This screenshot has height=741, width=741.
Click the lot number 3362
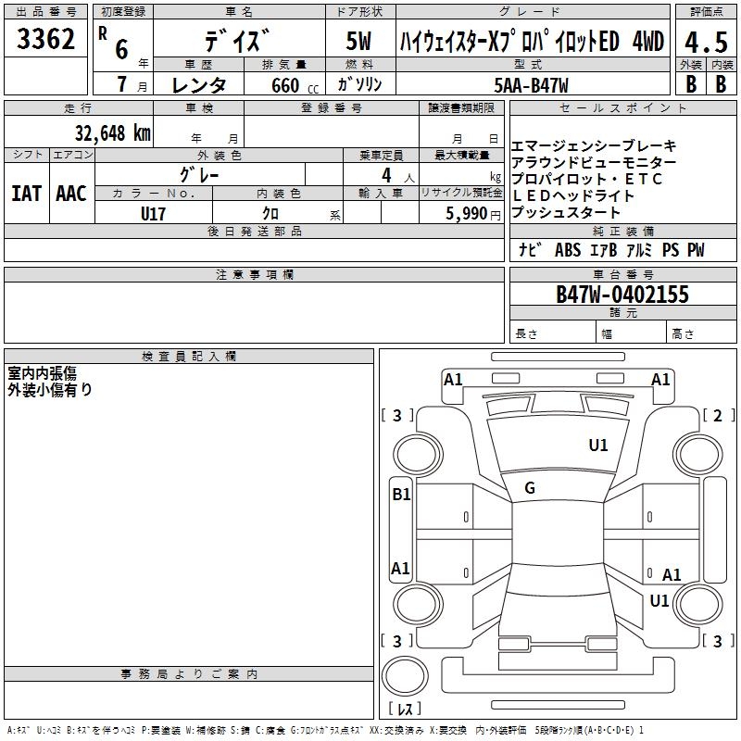pos(45,39)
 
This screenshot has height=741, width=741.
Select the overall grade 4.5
pos(706,43)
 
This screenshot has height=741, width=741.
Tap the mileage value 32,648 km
pos(112,133)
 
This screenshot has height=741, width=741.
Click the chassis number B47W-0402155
pos(622,294)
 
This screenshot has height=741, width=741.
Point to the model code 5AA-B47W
pos(531,85)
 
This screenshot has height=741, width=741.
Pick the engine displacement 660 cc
pos(295,85)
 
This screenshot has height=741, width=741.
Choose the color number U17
pos(153,214)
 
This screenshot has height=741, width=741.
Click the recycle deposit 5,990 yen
pos(472,214)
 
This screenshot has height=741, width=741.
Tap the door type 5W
pos(358,41)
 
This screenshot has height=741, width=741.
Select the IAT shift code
pos(26,194)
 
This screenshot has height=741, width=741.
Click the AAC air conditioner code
pos(71,194)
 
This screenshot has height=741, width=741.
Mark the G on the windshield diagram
pos(530,488)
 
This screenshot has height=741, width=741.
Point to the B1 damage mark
pos(401,495)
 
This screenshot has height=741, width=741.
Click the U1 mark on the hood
pos(598,445)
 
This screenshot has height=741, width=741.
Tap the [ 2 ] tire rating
pos(718,415)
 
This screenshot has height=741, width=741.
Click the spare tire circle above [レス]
pos(405,676)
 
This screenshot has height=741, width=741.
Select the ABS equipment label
pos(568,250)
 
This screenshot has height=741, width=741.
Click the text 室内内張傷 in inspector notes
pos(42,373)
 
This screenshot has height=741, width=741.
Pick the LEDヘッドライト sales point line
pos(572,195)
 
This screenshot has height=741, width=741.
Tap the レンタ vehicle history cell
pos(198,85)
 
